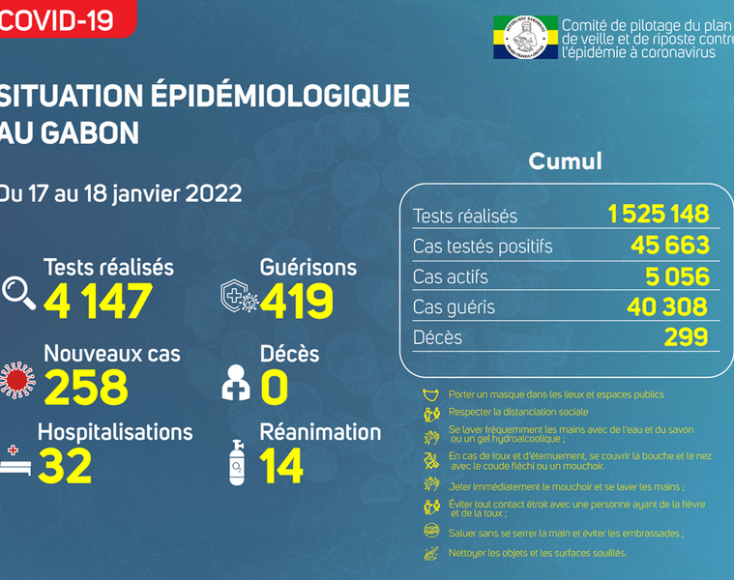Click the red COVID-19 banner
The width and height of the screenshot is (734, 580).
tap(63, 16)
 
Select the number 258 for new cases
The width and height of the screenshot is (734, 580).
tap(85, 387)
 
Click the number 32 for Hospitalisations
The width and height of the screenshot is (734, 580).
tap(65, 467)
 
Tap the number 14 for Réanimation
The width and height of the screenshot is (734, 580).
tap(281, 467)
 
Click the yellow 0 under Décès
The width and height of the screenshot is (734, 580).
tap(275, 387)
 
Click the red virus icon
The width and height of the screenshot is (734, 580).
tap(16, 379)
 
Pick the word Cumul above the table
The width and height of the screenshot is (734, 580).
tap(565, 160)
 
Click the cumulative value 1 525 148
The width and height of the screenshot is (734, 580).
tap(659, 214)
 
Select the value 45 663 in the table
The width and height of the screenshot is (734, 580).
tap(667, 245)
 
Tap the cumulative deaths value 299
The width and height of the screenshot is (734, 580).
tap(685, 337)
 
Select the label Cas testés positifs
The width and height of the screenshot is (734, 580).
tap(483, 246)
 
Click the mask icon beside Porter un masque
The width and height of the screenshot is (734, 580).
tap(431, 394)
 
